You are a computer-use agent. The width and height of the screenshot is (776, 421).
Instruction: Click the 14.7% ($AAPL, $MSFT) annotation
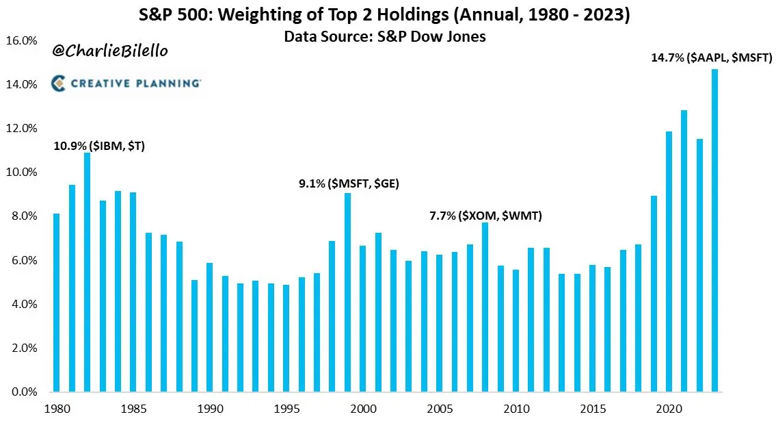[711, 59]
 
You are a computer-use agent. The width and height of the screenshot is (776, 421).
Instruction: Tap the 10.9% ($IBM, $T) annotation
[99, 145]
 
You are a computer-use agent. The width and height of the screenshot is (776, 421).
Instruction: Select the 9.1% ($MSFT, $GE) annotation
[349, 183]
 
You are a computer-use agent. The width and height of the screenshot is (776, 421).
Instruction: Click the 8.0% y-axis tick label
[25, 216]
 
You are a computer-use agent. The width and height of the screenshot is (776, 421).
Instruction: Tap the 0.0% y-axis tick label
[25, 392]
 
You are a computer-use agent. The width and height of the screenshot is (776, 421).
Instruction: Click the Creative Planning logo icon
[59, 84]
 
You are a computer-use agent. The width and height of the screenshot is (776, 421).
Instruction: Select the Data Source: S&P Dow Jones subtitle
[385, 36]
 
